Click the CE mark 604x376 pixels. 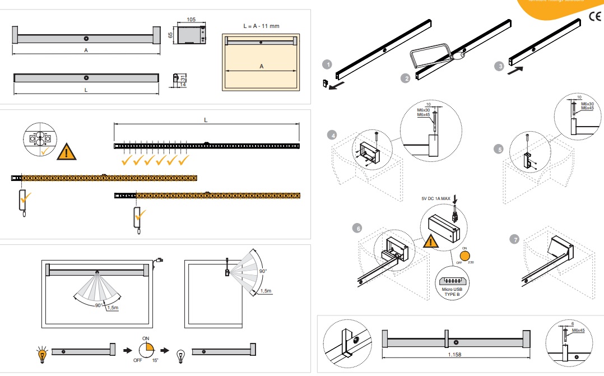click(595, 16)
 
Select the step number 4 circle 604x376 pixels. click(333, 135)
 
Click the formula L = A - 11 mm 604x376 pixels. click(262, 26)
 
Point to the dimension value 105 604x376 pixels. click(191, 19)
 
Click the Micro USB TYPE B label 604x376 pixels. click(451, 292)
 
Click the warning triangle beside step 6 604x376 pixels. click(431, 242)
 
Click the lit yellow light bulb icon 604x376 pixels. click(41, 354)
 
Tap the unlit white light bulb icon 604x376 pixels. click(181, 355)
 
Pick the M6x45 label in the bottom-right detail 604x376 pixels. click(578, 331)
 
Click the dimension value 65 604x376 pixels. click(170, 35)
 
